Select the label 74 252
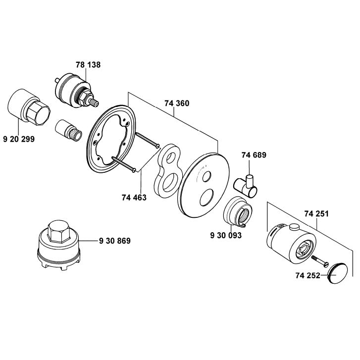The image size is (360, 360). [x=308, y=275]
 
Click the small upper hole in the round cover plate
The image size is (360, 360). [x=206, y=176]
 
